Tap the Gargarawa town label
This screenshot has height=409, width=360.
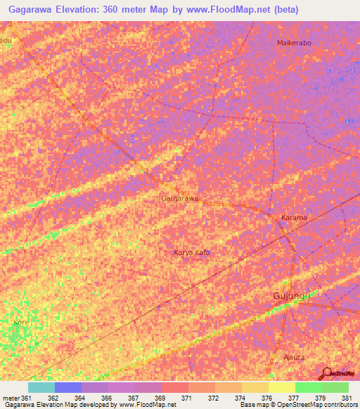click(x=180, y=199)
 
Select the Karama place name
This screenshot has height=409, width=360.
click(x=294, y=218)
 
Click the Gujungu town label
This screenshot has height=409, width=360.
click(x=291, y=297)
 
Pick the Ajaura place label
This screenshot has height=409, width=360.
click(x=293, y=357)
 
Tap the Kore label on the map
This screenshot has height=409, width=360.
click(x=20, y=323)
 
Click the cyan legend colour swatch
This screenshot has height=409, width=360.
click(x=41, y=387)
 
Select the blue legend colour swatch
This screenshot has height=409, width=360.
click(x=68, y=387)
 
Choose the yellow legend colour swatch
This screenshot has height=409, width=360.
click(x=281, y=387)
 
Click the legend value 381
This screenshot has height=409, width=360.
click(x=345, y=398)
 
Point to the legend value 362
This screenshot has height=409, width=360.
click(x=53, y=398)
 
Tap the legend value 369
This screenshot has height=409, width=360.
click(x=160, y=398)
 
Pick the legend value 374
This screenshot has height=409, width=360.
click(x=239, y=398)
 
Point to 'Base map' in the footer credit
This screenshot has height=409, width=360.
click(x=255, y=405)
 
